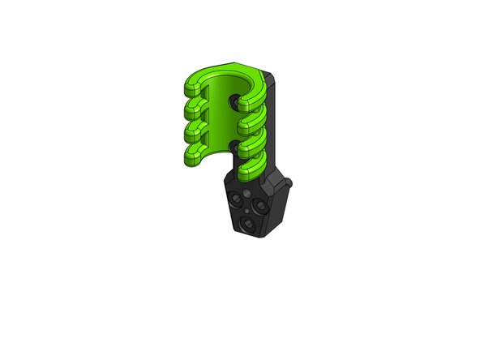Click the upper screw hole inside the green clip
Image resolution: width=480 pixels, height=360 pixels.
236,102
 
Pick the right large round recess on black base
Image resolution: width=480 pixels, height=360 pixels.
261,206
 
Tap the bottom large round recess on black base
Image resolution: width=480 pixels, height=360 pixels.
246,221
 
